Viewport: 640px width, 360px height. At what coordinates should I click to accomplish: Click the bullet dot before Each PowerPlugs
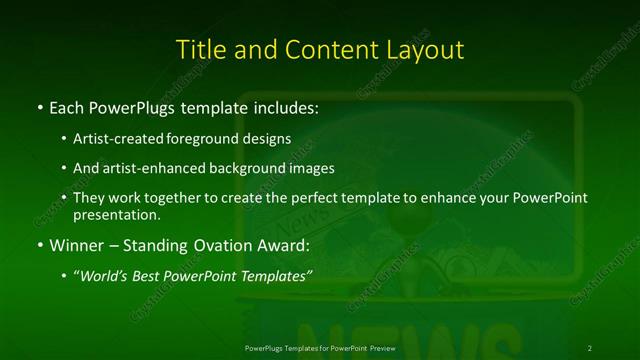click(x=39, y=106)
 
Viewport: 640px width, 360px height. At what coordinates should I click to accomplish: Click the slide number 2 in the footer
click(x=590, y=347)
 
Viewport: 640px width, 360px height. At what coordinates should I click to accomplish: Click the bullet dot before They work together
click(x=65, y=198)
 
